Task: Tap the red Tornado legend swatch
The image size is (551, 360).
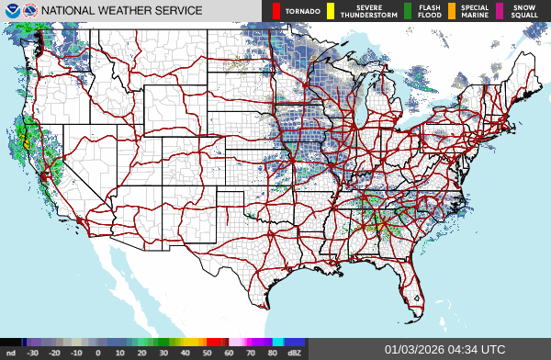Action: click(x=276, y=11)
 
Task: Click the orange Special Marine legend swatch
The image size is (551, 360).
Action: click(x=452, y=11)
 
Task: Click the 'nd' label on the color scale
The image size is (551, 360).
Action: click(x=11, y=353)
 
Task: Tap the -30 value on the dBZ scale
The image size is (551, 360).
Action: click(x=33, y=353)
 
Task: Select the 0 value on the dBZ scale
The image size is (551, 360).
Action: click(x=98, y=353)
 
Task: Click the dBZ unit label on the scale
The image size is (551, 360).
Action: click(x=296, y=353)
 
